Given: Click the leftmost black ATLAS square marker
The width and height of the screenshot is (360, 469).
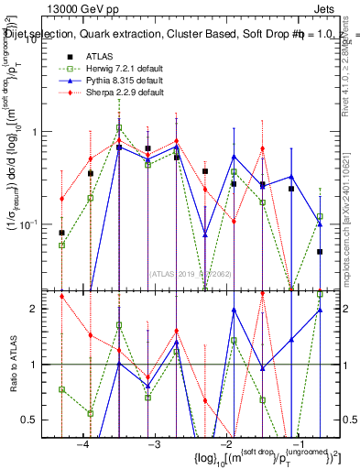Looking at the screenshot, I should tap(61, 233).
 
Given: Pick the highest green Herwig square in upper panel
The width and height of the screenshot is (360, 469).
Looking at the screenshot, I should tap(119, 128).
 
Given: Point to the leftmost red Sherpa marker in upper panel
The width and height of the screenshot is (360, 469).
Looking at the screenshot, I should tap(61, 199).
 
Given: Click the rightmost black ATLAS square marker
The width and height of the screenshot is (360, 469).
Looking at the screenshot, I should tap(320, 251).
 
